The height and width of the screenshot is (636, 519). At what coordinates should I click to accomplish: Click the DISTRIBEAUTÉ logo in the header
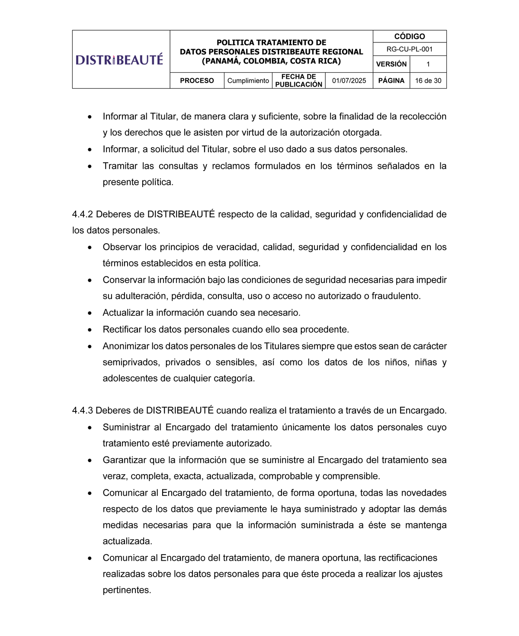119,59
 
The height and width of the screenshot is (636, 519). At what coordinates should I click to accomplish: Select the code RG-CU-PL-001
409,49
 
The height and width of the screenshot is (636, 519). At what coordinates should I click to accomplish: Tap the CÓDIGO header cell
409,36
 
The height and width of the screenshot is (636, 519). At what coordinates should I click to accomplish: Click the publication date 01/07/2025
349,81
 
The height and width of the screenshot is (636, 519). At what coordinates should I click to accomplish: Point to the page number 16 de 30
428,81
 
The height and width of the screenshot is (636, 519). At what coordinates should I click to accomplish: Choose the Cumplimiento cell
248,81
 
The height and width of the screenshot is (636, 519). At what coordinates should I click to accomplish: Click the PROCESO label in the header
197,81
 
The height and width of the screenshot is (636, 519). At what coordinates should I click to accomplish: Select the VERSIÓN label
391,64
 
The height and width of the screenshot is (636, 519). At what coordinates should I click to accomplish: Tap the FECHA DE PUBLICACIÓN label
299,81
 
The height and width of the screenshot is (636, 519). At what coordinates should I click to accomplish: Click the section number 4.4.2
83,215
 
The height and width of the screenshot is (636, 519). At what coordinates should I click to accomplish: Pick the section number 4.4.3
83,411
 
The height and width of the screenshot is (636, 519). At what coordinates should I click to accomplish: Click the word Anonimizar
126,346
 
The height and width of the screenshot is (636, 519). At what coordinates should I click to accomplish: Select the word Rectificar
122,330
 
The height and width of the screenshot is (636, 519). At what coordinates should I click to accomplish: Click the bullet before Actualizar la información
90,313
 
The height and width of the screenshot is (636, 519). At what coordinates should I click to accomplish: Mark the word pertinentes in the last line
127,590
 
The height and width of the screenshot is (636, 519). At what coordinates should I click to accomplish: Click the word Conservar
124,280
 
